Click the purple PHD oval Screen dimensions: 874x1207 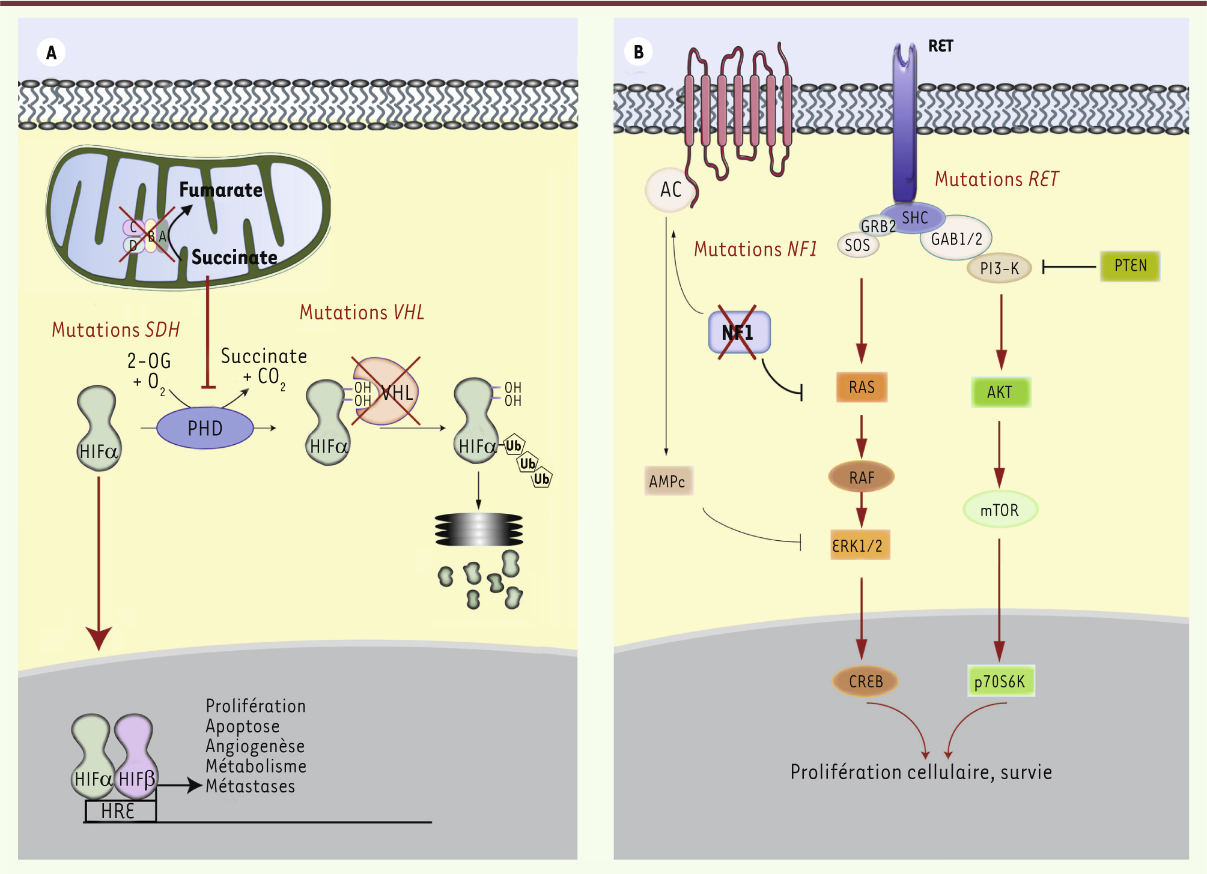tap(205, 428)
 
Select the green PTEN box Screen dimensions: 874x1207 tap(1129, 266)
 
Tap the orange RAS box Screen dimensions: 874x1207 tap(862, 387)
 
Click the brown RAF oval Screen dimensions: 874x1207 tap(862, 477)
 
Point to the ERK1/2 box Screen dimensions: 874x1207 tap(859, 545)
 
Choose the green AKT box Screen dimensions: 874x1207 tap(1000, 392)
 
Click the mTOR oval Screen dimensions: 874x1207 tap(1000, 510)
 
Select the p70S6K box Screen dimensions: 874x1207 tap(1000, 681)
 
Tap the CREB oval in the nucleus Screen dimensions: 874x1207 tap(865, 681)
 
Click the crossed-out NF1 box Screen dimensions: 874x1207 tap(738, 332)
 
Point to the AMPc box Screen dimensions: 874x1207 tap(668, 481)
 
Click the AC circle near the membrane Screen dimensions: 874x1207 tap(670, 190)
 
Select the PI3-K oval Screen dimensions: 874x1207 tap(999, 268)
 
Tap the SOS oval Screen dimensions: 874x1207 tap(857, 245)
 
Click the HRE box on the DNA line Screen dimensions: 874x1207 tap(120, 811)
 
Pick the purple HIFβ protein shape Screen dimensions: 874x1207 tap(136, 756)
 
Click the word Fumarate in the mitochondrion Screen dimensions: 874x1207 tap(220, 190)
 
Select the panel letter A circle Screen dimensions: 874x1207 tap(51, 52)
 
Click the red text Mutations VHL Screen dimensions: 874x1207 tap(362, 312)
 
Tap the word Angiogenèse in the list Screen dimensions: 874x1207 tap(255, 746)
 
